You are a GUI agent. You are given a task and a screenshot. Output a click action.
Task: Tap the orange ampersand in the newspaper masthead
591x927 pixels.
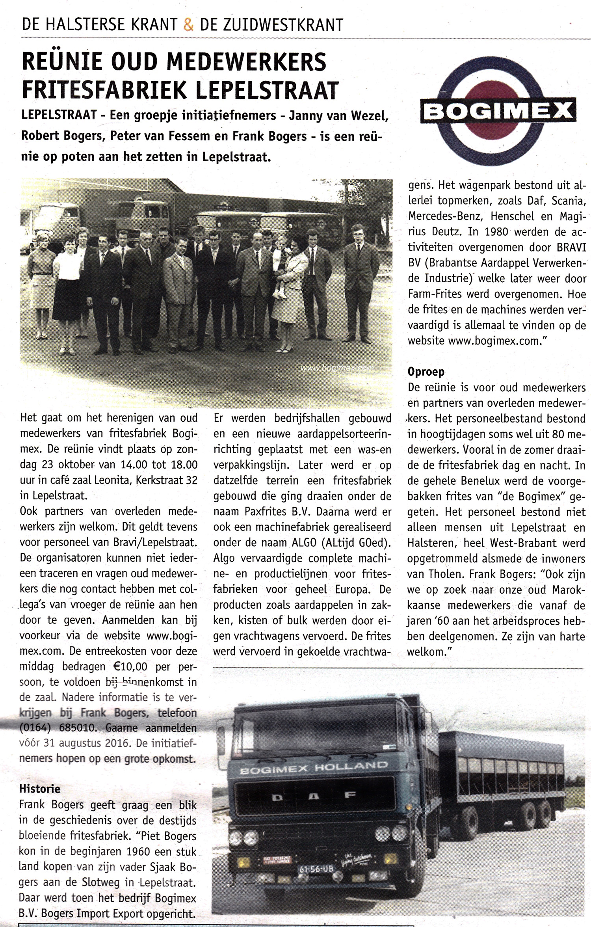click(x=189, y=24)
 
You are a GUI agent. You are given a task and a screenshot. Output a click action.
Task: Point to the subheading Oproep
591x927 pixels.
click(x=426, y=372)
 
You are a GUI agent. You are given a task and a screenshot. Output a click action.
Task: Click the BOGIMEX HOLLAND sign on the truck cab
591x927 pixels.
click(x=314, y=768)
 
